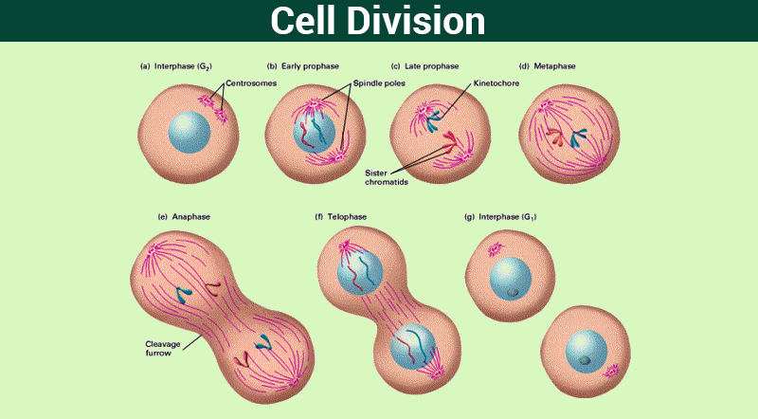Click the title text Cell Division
[377, 20]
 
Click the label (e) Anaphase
[184, 217]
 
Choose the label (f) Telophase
[340, 217]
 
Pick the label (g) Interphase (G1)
[495, 217]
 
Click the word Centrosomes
[250, 83]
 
